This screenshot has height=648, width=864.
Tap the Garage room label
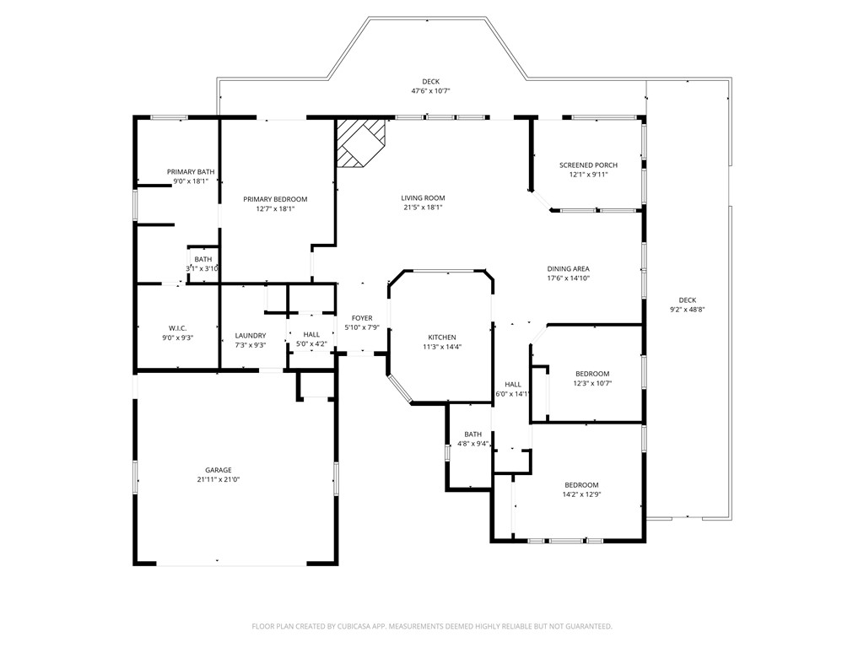tap(218, 470)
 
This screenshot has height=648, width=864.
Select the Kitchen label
tap(441, 337)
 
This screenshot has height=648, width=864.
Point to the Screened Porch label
tap(588, 165)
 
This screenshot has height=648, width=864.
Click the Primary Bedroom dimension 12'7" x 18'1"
tap(275, 208)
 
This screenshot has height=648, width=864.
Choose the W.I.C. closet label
tap(176, 327)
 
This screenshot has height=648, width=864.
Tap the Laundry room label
tap(250, 335)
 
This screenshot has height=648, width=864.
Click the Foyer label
tap(362, 318)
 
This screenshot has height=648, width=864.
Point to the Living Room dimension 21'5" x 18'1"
tap(423, 208)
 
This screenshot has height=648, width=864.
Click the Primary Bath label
tap(190, 171)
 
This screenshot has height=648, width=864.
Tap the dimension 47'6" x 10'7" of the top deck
tap(431, 90)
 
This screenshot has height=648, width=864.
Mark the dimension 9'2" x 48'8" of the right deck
tap(687, 310)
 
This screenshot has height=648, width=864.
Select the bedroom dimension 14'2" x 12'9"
tap(581, 494)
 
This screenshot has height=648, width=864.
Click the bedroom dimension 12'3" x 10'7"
tap(592, 383)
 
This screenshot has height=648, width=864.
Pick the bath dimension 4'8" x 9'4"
tap(472, 444)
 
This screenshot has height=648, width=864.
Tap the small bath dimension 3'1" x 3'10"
tap(202, 268)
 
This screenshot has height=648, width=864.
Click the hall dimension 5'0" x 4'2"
tap(311, 344)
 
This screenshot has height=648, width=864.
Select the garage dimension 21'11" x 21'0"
tap(218, 479)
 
